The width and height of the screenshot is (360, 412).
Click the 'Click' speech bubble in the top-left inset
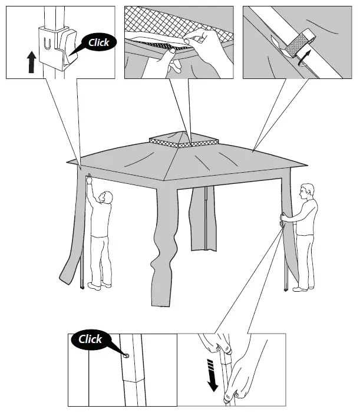tap(98, 42)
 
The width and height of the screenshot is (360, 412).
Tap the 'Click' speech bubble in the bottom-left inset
tap(90, 340)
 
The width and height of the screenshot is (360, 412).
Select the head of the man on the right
tap(306, 192)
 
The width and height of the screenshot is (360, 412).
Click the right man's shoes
tap(303, 288)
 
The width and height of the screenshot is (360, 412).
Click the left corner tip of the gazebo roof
tap(68, 163)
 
